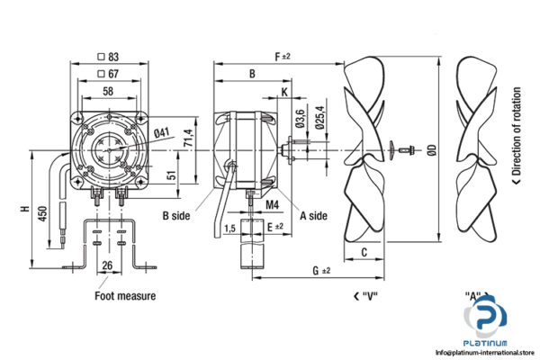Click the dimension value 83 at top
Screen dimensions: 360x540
click(x=112, y=57)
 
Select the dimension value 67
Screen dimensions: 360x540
click(x=112, y=73)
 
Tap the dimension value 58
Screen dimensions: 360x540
click(x=108, y=92)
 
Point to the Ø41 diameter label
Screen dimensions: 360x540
click(x=161, y=134)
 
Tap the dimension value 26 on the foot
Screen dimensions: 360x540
click(x=107, y=265)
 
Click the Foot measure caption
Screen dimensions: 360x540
click(x=125, y=295)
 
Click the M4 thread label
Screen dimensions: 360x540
click(x=273, y=205)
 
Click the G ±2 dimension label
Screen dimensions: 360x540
click(x=319, y=270)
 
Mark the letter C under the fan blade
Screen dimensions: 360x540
click(x=363, y=252)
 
